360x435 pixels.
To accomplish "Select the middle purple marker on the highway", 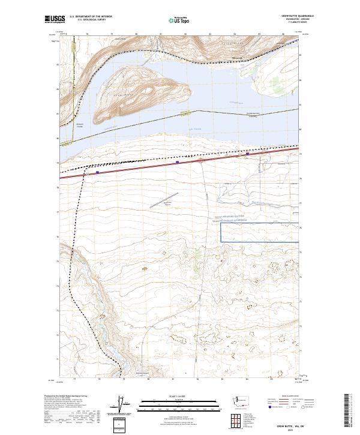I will pos(178,162).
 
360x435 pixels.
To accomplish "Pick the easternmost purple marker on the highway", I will pos(248,154).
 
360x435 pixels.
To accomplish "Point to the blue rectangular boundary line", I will pos(260,241).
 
